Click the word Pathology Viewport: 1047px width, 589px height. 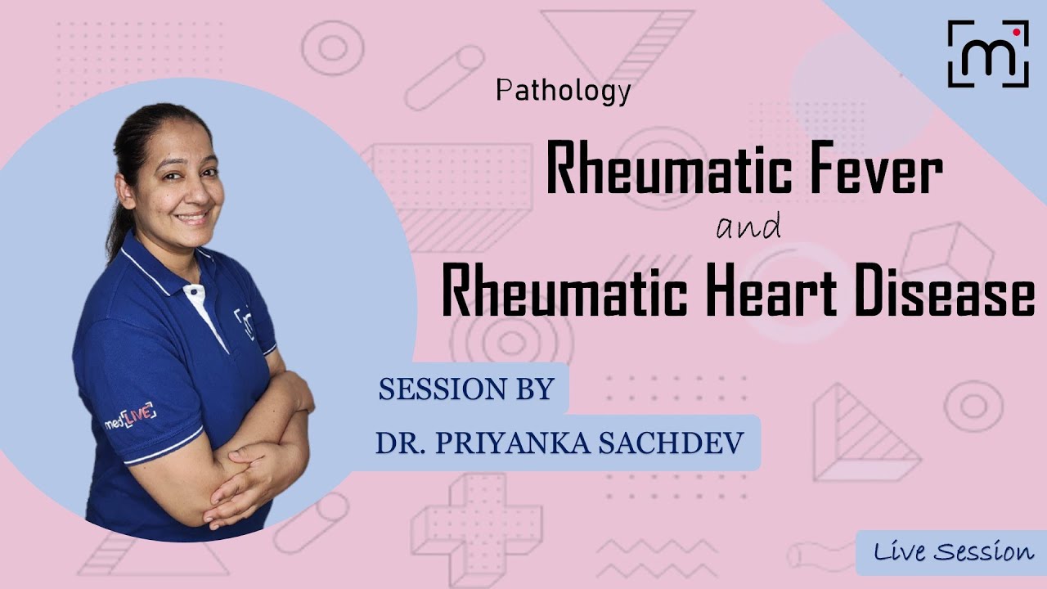coord(564,91)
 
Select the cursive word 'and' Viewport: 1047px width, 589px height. coord(748,226)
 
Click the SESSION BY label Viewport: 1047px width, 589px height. coord(466,389)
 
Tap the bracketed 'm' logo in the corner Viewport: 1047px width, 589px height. coord(987,54)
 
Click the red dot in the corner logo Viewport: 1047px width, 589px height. coord(1016,33)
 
